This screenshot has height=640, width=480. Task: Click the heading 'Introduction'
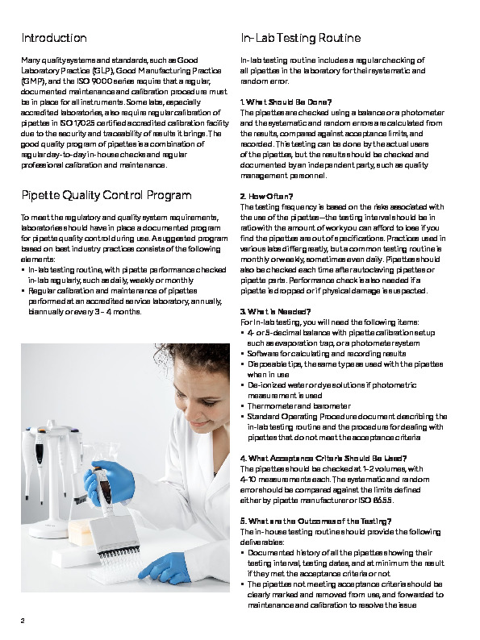click(x=54, y=38)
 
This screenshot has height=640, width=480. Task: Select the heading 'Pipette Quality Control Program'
click(x=106, y=195)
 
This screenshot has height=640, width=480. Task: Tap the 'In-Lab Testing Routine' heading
click(x=294, y=38)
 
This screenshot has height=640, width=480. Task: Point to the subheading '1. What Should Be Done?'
click(x=286, y=102)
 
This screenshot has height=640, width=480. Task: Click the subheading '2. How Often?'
click(x=267, y=196)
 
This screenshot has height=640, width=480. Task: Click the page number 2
click(x=23, y=620)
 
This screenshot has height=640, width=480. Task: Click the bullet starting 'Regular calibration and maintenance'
click(x=113, y=289)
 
